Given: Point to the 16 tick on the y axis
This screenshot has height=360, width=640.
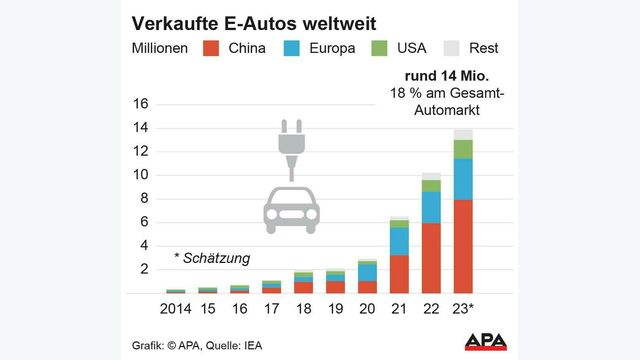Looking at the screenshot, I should pos(139,104).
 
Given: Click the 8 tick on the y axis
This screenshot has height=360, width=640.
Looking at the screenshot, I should pos(143,198).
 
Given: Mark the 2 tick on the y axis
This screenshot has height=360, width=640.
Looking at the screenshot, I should pos(143,269).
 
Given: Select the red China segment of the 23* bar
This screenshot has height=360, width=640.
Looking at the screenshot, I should pos(463,246).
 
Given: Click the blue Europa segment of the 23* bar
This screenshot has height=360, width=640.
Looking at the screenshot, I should pos(463,179).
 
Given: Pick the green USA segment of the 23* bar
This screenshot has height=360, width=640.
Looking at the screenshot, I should pos(463,149).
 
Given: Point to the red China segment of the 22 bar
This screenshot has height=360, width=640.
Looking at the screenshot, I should pos(431,258).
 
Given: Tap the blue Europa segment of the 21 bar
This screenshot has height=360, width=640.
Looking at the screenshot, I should pos(399,241).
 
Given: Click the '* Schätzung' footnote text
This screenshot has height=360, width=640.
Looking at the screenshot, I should pos(213,258).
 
